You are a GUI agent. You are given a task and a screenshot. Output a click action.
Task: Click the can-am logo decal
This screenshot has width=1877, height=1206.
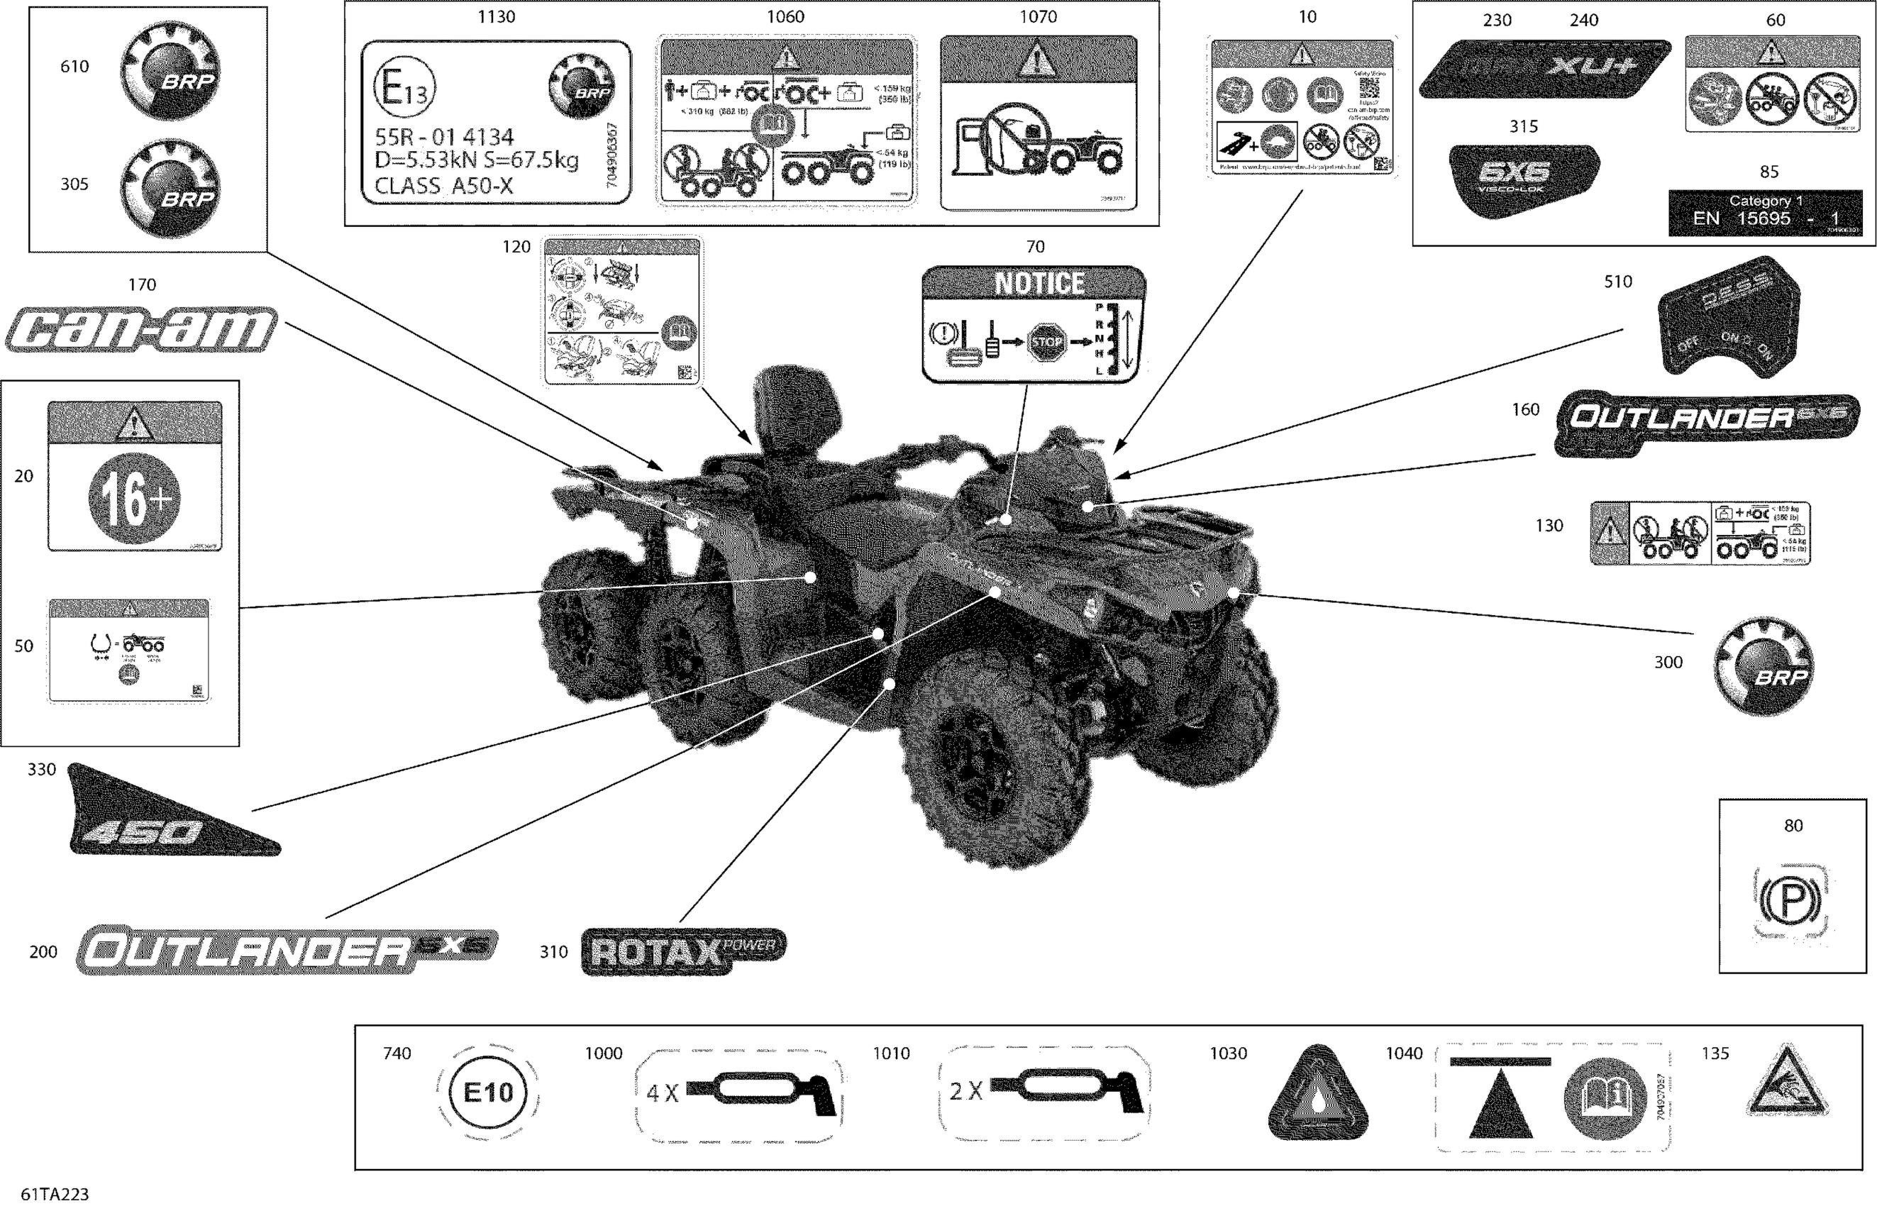pyautogui.click(x=141, y=330)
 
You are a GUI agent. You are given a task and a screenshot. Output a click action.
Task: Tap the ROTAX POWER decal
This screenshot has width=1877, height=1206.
pyautogui.click(x=683, y=951)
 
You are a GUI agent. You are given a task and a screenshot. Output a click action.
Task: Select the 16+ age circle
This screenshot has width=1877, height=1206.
pyautogui.click(x=134, y=498)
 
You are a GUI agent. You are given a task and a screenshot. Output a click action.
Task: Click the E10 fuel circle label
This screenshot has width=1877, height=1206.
pyautogui.click(x=488, y=1092)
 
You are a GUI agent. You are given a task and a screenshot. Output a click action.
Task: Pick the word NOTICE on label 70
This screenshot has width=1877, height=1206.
pyautogui.click(x=1039, y=284)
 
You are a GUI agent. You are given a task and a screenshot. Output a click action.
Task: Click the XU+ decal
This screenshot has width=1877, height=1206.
pyautogui.click(x=1544, y=69)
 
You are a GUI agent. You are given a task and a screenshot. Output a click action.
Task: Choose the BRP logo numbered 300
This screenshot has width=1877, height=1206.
pyautogui.click(x=1764, y=666)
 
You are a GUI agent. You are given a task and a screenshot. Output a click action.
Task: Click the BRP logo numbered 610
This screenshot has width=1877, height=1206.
pyautogui.click(x=170, y=70)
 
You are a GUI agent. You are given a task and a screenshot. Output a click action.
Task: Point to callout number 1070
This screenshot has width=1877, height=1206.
pyautogui.click(x=1038, y=16)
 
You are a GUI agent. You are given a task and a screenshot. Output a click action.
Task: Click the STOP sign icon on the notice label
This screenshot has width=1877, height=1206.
pyautogui.click(x=1046, y=341)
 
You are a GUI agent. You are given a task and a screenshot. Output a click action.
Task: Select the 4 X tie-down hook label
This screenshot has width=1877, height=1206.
pyautogui.click(x=738, y=1091)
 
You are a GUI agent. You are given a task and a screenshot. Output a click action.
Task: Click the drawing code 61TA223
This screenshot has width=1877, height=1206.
pyautogui.click(x=55, y=1194)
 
